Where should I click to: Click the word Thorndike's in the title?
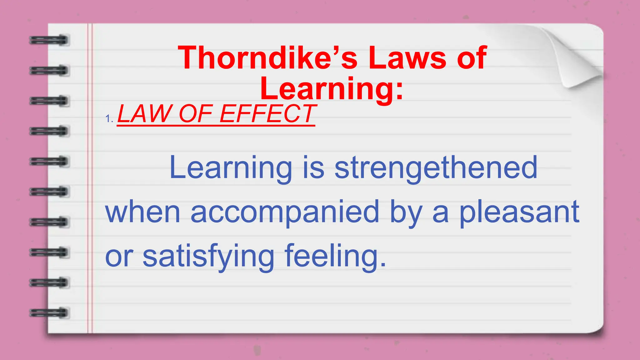pos(267,58)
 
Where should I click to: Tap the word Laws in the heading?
pos(407,58)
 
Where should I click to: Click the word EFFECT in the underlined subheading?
pos(268,114)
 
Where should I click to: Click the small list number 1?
pos(109,119)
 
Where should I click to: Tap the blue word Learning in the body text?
pos(231,168)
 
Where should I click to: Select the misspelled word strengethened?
pos(436,168)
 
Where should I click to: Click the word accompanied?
pos(285,212)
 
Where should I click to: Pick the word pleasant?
pos(519,212)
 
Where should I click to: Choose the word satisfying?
pos(208,257)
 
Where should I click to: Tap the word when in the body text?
pos(143,212)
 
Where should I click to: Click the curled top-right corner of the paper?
pos(578,59)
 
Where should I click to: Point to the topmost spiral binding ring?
pos(49,40)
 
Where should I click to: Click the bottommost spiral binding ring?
pos(49,313)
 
